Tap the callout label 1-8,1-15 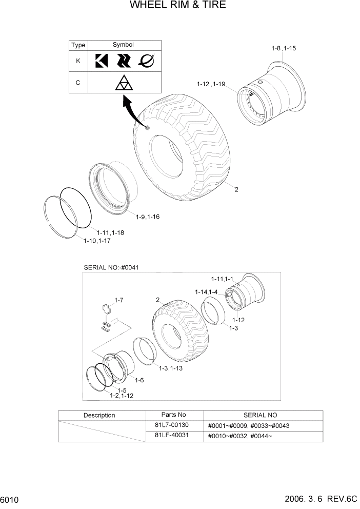click(284, 49)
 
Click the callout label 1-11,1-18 click(110, 232)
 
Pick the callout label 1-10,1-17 click(97, 241)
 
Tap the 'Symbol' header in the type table click(123, 45)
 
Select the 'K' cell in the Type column click(78, 61)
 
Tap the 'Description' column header click(99, 415)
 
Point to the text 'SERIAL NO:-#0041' click(111, 267)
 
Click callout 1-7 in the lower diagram click(118, 300)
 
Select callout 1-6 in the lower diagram click(139, 380)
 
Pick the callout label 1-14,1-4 click(206, 292)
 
